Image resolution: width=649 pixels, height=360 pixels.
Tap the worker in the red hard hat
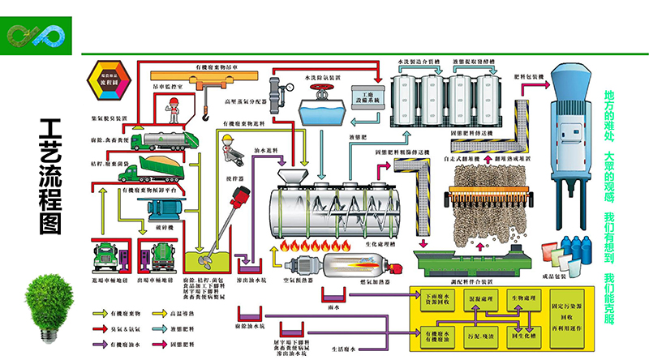[172, 105]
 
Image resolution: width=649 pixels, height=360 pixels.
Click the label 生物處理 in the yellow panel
[523, 298]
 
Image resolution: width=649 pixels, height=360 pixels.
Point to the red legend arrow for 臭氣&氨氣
[104, 329]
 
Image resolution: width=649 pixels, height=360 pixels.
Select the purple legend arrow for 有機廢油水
[104, 345]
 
